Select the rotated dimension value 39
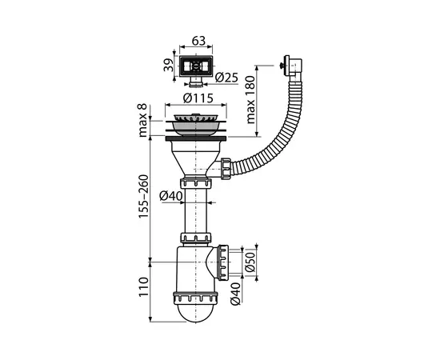[168, 64]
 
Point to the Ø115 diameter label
[195, 98]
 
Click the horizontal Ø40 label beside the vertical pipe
[170, 196]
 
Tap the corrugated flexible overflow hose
[275, 136]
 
